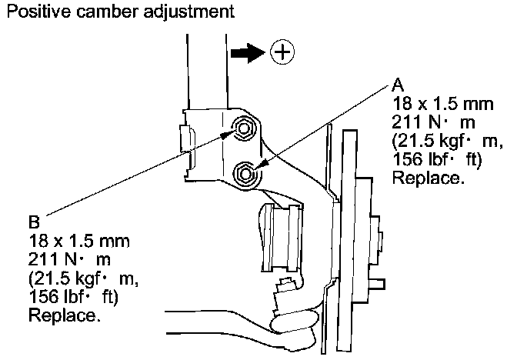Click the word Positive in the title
(x=38, y=12)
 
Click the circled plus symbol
(x=282, y=52)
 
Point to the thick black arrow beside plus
(x=248, y=53)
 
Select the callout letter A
(x=398, y=85)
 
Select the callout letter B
(x=34, y=222)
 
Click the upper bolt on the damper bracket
(x=243, y=128)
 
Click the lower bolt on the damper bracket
(x=245, y=174)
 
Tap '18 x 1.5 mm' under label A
(x=442, y=104)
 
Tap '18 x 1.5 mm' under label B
(x=78, y=241)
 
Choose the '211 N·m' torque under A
(x=433, y=122)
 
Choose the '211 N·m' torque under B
(x=69, y=259)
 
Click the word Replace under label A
(x=428, y=178)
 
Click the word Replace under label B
(x=65, y=315)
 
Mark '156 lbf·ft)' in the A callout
(x=437, y=160)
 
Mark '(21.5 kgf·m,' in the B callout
(x=83, y=278)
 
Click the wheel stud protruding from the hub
(x=377, y=284)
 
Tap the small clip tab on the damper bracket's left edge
(x=186, y=138)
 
